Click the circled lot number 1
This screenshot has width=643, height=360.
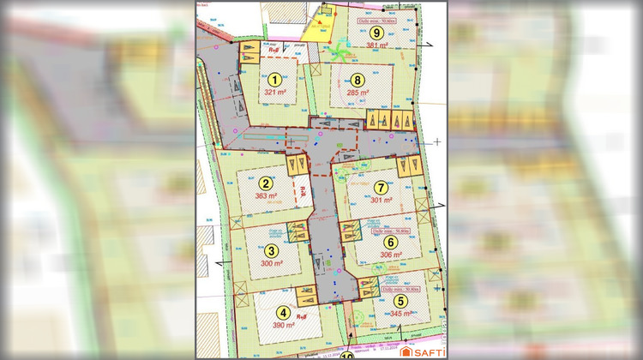pos(274,79)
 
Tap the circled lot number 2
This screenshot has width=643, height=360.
pos(267,183)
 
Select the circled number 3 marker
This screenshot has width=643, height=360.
pos(272,251)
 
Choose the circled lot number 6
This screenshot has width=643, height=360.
pos(391,243)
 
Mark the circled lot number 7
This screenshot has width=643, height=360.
pos(381,187)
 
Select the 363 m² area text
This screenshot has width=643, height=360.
pos(267,195)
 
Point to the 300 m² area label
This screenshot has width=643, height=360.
pos(272,264)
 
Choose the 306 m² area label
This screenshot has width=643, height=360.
pos(391,255)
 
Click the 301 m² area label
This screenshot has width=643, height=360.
pos(381,200)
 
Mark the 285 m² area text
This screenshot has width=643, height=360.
pos(358,92)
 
